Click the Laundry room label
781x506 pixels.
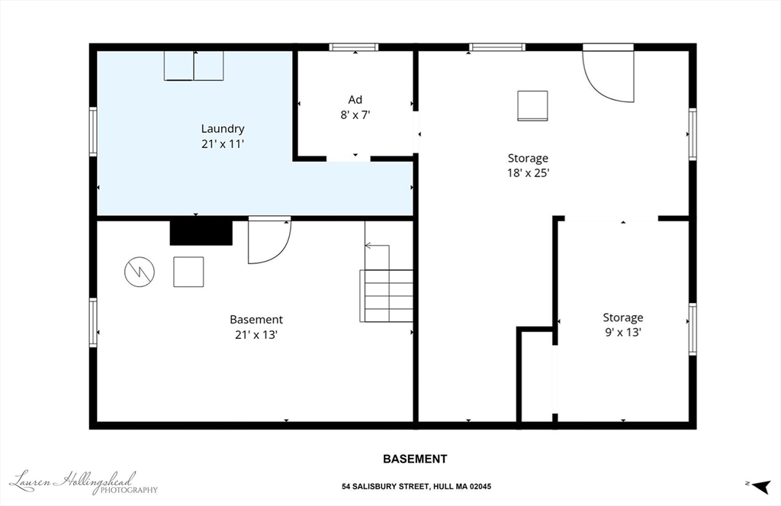tap(223, 129)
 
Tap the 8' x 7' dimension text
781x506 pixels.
tap(355, 115)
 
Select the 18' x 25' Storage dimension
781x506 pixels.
tap(529, 173)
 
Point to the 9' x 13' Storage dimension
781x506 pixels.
tap(622, 332)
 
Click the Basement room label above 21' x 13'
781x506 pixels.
tap(256, 320)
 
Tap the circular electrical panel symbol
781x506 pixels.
tap(140, 271)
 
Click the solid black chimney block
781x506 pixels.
tap(201, 232)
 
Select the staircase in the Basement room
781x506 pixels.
tap(387, 282)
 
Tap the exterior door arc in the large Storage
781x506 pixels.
tap(608, 74)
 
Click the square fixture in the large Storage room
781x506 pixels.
tap(532, 105)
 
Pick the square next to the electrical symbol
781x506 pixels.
tap(188, 272)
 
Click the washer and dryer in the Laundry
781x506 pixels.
tap(194, 66)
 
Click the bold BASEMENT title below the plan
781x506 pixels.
tap(414, 459)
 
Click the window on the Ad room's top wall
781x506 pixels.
tap(354, 47)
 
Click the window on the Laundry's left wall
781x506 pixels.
tap(93, 132)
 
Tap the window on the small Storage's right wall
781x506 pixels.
tap(693, 329)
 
